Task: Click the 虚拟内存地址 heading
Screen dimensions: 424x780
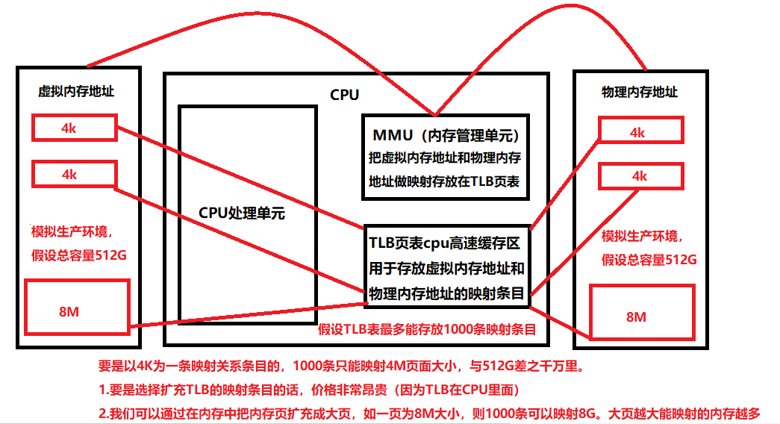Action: [76, 92]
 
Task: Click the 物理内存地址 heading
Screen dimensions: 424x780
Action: [640, 92]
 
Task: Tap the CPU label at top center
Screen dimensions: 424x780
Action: [344, 95]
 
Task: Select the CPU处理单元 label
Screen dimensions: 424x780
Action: [242, 211]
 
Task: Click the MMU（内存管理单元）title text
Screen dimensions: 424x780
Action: [446, 137]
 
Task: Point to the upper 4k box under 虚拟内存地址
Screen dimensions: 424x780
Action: [74, 128]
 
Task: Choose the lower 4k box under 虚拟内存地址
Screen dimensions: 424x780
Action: [74, 174]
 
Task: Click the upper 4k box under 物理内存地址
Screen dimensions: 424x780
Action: [640, 132]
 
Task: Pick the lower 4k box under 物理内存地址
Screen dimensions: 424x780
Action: [640, 176]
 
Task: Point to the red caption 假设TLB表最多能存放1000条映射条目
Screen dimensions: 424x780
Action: [428, 329]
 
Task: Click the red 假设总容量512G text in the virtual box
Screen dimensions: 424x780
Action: [78, 255]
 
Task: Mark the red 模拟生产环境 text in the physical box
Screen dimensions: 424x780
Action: [640, 237]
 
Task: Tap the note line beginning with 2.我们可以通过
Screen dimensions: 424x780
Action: [429, 413]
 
